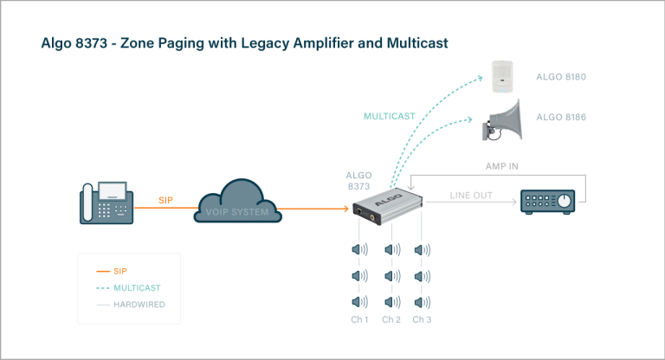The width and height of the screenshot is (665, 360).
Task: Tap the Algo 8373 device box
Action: coord(387,208)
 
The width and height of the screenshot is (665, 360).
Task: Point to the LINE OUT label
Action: coord(471,196)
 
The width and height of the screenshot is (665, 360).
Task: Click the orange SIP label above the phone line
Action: coord(166,200)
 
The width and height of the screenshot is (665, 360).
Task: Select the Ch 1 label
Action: coord(359,320)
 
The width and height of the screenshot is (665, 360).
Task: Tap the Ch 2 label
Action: coord(391,320)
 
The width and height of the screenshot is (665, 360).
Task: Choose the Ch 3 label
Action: coord(422,320)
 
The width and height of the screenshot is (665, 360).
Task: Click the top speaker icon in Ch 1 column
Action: coord(359,250)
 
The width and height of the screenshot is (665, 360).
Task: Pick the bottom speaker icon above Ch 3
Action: coord(422,302)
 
